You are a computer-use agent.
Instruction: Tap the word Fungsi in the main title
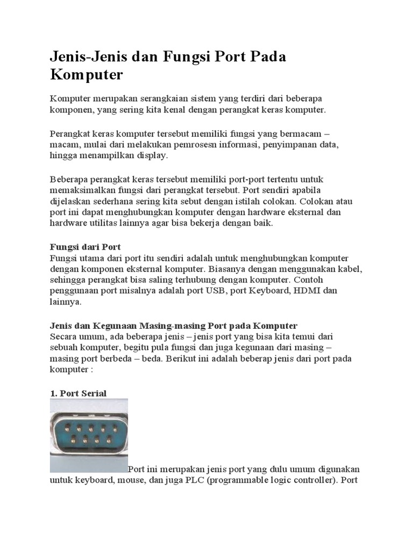click(x=186, y=56)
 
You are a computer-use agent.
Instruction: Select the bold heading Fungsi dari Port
click(x=85, y=247)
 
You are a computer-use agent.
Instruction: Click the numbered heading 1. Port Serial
click(x=78, y=393)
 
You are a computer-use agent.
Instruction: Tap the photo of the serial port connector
click(x=89, y=435)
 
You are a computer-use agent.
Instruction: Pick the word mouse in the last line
click(x=127, y=480)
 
